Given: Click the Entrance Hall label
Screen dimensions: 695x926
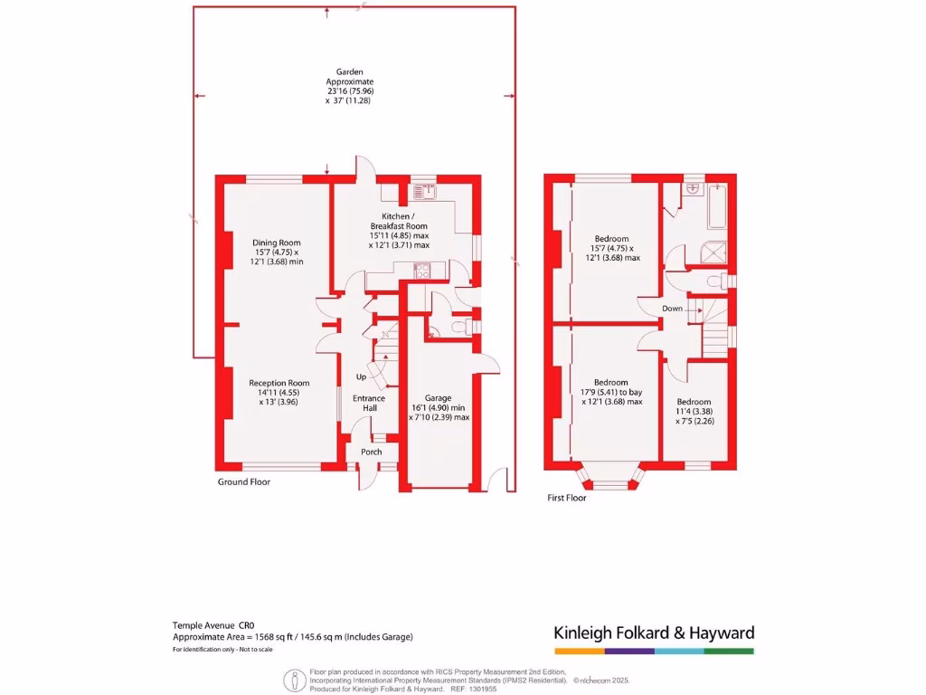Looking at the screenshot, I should [x=369, y=404].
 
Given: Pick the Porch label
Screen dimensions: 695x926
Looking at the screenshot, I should [x=371, y=452].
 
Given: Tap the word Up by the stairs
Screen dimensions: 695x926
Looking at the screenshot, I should [x=361, y=376].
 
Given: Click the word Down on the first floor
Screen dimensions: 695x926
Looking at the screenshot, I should [x=672, y=309].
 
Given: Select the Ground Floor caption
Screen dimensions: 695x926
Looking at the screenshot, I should [x=244, y=482].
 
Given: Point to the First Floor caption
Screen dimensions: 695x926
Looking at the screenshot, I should [x=567, y=498].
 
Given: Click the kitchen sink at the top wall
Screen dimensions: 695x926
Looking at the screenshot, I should [x=422, y=191].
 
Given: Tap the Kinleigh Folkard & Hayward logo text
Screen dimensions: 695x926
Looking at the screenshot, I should [x=653, y=633].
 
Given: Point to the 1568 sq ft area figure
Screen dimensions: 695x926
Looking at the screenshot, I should [x=253, y=636].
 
